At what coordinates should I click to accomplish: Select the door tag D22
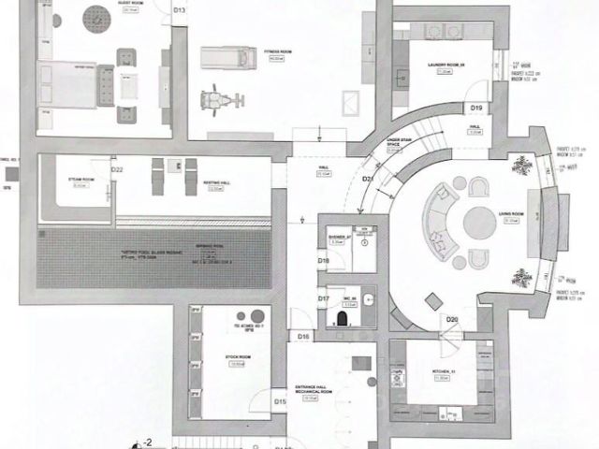coord(118,170)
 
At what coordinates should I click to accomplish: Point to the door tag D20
coord(451,321)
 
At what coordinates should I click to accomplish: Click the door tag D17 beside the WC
coord(322,299)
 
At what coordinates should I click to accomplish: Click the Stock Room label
coord(237,360)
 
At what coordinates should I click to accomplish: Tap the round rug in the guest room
coord(94,16)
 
